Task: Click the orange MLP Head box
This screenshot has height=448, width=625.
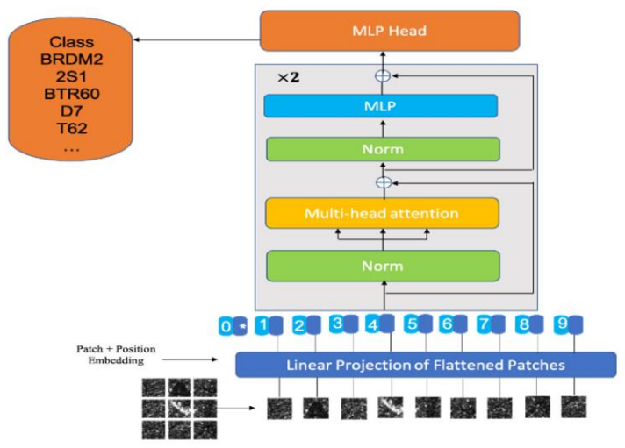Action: (390, 31)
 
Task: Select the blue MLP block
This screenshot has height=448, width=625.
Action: (381, 106)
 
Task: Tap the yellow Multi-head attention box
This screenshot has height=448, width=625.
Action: (382, 213)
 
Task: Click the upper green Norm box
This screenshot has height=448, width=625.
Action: (383, 149)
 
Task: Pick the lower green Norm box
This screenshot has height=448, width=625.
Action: (383, 266)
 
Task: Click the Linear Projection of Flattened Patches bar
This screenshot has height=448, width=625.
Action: (426, 365)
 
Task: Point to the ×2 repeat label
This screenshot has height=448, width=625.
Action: (288, 77)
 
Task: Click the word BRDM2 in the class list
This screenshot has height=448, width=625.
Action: (71, 60)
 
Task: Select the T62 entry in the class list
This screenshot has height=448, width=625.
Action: (72, 128)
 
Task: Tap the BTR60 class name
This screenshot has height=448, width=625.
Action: (72, 94)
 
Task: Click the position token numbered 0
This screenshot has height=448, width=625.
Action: (226, 326)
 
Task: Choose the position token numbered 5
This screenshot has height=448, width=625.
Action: (412, 324)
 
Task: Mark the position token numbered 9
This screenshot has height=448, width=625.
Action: (562, 324)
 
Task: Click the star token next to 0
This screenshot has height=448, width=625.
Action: (241, 326)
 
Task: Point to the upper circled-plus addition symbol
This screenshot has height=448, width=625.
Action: (383, 75)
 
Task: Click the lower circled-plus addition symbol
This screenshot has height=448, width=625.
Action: (384, 182)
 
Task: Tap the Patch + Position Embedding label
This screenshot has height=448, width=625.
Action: (116, 354)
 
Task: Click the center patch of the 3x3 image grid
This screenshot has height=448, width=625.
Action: (180, 409)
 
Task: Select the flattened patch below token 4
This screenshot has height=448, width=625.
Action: (391, 407)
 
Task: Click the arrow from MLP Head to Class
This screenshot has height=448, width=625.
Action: (197, 39)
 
